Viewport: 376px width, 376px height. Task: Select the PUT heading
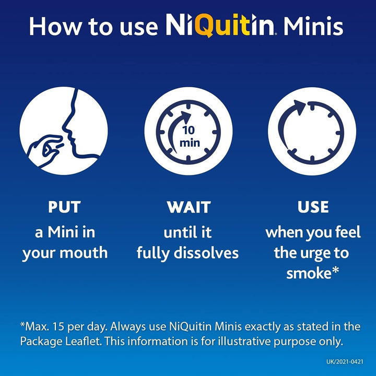[x=64, y=207]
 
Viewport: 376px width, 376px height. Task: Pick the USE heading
[x=313, y=207]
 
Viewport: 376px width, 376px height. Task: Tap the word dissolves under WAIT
[x=209, y=253]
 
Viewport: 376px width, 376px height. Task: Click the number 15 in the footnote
[x=65, y=326]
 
